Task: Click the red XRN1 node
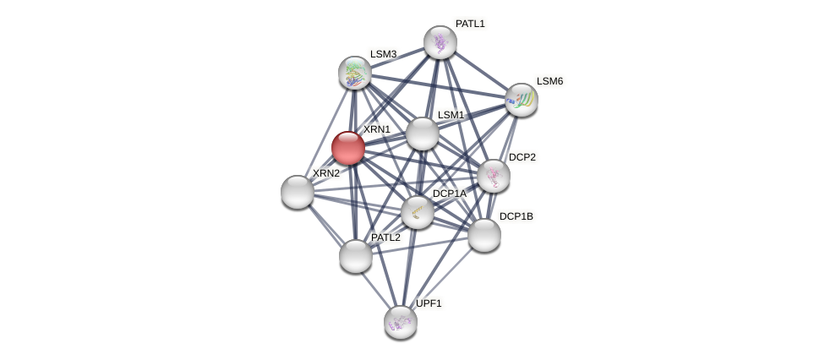[348, 148]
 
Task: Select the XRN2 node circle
[298, 192]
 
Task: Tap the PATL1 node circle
[440, 42]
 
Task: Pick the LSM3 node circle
[355, 73]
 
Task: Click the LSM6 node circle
[522, 100]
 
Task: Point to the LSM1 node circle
[423, 134]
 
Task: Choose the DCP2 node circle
[494, 176]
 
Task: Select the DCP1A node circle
[418, 212]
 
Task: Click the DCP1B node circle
[484, 235]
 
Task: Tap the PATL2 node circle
[356, 256]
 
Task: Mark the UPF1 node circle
[401, 322]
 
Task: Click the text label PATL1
[470, 24]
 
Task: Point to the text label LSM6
[549, 81]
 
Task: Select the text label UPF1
[429, 303]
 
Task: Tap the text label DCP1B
[516, 216]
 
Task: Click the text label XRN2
[325, 173]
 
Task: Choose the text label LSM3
[383, 54]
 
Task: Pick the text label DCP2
[522, 157]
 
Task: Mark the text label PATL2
[385, 237]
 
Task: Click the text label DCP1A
[449, 194]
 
